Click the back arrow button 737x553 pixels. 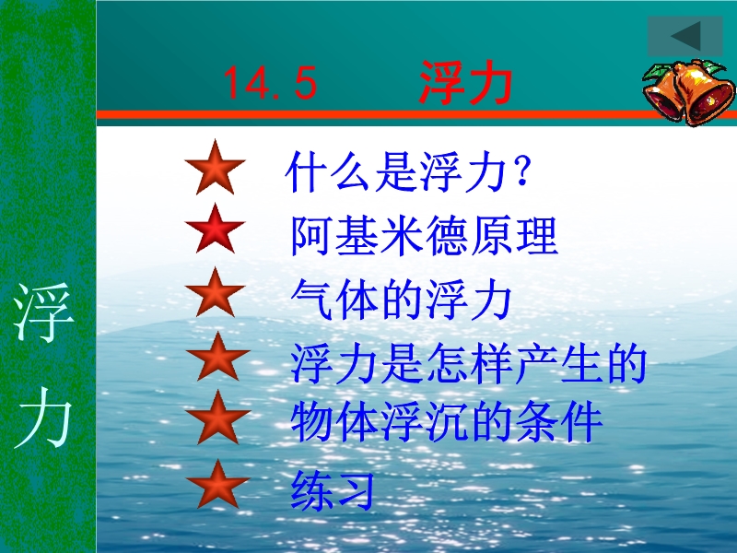tap(684, 36)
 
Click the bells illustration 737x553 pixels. tap(689, 92)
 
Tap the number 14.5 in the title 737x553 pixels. tap(270, 83)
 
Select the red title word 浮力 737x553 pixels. tap(465, 82)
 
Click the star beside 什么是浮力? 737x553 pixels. tap(216, 168)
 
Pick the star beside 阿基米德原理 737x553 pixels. tap(216, 229)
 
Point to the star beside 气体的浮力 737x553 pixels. tap(216, 292)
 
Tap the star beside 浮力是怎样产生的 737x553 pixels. tap(217, 357)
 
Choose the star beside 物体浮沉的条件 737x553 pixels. tap(217, 418)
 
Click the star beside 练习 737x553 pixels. tap(217, 485)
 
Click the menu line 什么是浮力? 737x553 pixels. tap(408, 171)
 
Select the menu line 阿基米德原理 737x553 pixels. tap(425, 235)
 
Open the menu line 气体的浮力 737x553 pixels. tap(401, 299)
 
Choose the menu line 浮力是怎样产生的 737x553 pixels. tap(469, 363)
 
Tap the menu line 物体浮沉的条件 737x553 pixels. tap(447, 421)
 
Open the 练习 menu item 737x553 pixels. tap(333, 490)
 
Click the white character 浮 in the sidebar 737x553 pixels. tap(43, 312)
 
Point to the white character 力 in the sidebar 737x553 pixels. tap(43, 418)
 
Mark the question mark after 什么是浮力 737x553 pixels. tap(522, 171)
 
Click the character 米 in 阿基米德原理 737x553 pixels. tap(401, 235)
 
